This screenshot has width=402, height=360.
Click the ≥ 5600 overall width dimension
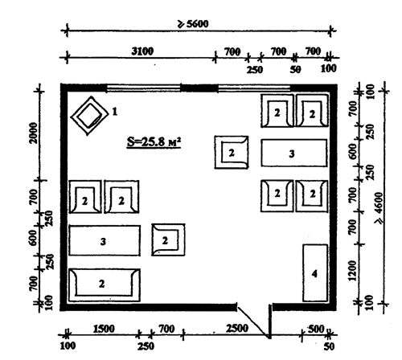[x=192, y=24]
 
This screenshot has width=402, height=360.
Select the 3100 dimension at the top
[x=142, y=51]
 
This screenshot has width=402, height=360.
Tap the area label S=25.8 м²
[x=154, y=141]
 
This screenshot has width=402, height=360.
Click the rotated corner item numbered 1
[x=90, y=117]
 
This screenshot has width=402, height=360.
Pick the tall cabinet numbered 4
[x=315, y=273]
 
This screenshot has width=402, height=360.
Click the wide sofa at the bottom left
[x=105, y=285]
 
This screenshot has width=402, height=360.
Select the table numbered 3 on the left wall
[x=105, y=240]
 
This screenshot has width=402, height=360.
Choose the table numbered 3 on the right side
[x=294, y=153]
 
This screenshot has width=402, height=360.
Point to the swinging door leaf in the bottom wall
[x=253, y=321]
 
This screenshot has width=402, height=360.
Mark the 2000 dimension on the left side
[x=33, y=133]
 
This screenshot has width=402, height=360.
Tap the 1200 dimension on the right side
[x=353, y=271]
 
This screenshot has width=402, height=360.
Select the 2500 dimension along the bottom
[x=237, y=329]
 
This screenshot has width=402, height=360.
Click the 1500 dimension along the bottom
[x=104, y=329]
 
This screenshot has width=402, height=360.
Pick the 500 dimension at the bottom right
[x=316, y=329]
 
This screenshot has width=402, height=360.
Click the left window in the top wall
[x=143, y=88]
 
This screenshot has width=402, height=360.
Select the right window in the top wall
[x=254, y=88]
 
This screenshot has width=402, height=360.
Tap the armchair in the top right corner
[x=312, y=110]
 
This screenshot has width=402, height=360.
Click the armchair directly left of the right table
[x=232, y=152]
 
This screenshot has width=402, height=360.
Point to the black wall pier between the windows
[x=199, y=88]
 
